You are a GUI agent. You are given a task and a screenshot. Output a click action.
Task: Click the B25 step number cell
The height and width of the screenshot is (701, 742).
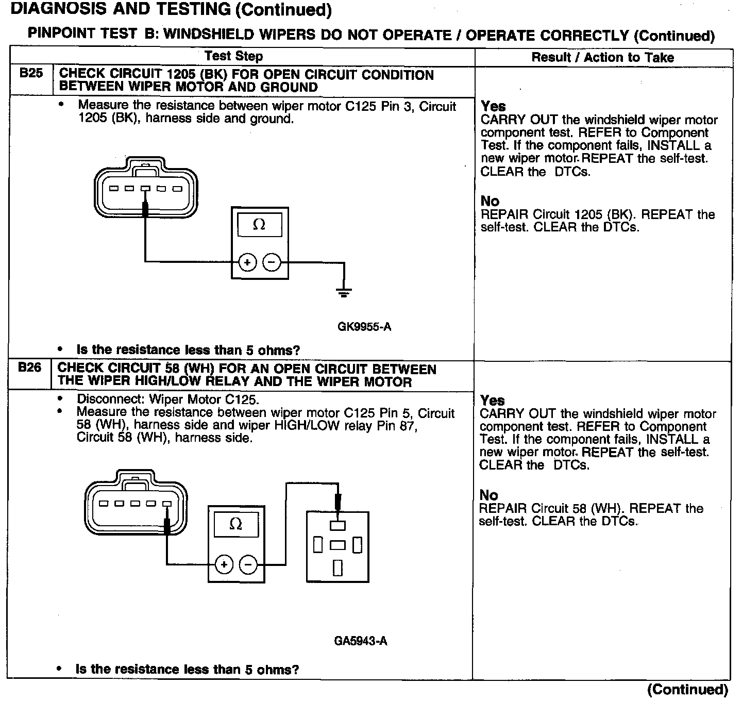click(31, 74)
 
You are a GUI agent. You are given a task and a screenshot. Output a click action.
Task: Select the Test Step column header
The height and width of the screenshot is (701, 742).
click(234, 56)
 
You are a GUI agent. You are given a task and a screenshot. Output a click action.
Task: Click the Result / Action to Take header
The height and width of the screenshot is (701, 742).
click(602, 57)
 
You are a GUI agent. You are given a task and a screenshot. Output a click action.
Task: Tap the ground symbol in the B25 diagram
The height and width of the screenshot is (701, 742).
click(344, 293)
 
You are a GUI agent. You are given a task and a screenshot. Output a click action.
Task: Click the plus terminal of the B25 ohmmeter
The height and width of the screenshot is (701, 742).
click(247, 263)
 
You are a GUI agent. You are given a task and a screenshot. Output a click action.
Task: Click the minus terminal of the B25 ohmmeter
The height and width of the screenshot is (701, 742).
click(272, 263)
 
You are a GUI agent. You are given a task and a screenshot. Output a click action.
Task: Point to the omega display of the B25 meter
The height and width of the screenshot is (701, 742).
click(259, 225)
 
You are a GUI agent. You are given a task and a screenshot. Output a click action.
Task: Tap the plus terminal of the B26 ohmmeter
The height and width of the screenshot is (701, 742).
click(224, 564)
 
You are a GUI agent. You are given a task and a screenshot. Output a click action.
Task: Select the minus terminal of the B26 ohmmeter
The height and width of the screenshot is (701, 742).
click(248, 564)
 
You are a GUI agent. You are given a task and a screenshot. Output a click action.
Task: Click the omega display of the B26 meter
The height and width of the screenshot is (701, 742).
click(235, 524)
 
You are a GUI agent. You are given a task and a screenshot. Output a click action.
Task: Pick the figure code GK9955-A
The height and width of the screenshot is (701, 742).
click(364, 327)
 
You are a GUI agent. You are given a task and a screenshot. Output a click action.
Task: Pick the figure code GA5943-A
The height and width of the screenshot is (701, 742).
click(361, 641)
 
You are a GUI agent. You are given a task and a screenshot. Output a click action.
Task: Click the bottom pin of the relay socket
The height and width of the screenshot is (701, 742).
click(338, 567)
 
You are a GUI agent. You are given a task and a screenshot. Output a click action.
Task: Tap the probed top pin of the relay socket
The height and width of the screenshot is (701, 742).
click(338, 526)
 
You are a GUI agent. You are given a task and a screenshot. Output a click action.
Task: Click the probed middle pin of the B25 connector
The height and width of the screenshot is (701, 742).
click(146, 189)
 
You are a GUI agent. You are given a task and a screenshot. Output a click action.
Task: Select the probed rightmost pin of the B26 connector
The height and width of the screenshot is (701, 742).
click(166, 504)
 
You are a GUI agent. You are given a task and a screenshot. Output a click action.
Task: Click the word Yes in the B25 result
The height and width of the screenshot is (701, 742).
click(493, 106)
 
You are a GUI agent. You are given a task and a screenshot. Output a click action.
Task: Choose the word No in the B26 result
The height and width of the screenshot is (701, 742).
click(489, 495)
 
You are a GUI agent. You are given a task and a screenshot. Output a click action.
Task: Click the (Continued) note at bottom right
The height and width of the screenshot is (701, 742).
click(687, 690)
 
